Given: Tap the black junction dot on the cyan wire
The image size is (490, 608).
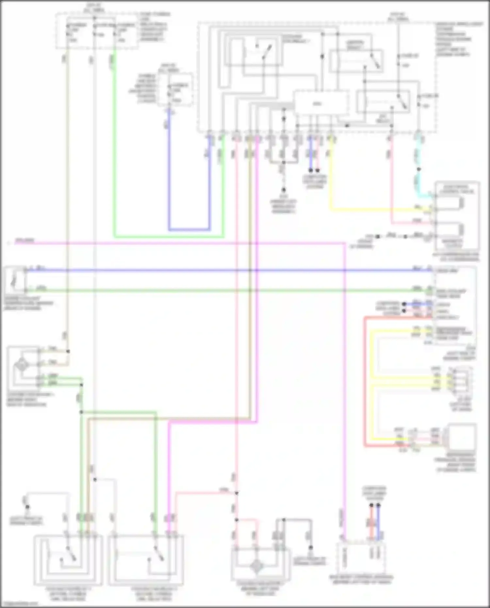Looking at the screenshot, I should (419, 169).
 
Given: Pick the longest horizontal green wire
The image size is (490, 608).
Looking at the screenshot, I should (229, 290).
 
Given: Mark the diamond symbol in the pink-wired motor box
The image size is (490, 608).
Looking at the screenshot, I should (257, 567).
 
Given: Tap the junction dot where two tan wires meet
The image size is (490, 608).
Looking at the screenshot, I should (68, 352).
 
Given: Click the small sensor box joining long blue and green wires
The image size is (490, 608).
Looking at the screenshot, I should (15, 280).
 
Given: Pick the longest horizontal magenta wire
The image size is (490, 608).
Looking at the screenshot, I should (180, 243).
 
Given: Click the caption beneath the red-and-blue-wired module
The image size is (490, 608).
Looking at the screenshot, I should (361, 581).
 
